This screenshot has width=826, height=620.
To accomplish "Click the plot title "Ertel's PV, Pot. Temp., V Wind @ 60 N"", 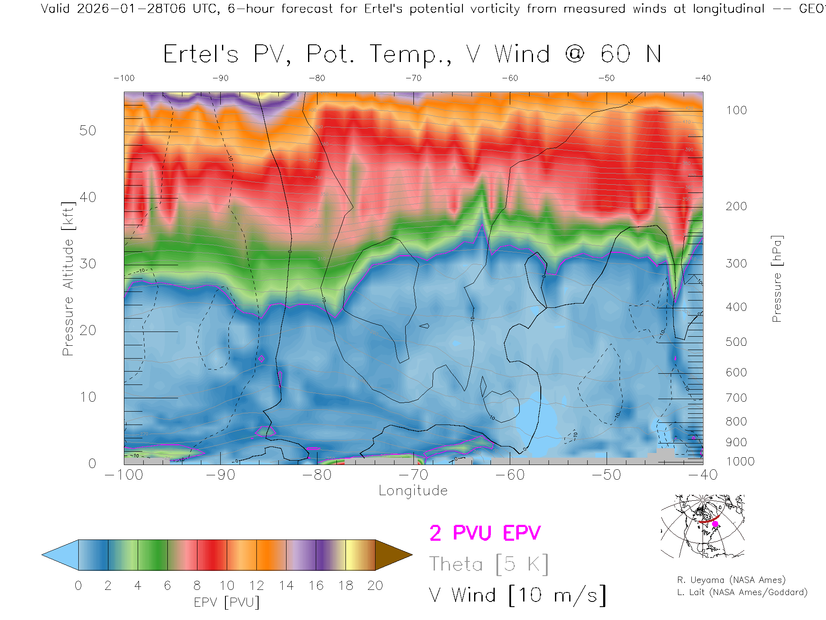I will [x=412, y=54].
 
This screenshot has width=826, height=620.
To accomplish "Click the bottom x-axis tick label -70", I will [x=413, y=475].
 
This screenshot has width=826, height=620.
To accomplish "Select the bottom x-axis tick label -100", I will [x=124, y=475].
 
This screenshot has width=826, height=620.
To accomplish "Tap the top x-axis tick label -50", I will [x=607, y=78].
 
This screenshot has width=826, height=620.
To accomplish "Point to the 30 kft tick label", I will [x=88, y=263].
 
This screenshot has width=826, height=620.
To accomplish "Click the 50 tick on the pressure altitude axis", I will [x=88, y=130].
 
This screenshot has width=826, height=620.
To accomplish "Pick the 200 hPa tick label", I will [x=736, y=206].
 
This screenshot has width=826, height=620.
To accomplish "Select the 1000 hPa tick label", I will [x=740, y=462].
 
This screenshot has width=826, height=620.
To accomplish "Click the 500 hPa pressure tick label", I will [x=736, y=342].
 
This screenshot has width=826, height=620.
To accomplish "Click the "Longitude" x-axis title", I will [x=413, y=491].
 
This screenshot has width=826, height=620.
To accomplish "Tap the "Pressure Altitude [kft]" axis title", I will [x=68, y=279].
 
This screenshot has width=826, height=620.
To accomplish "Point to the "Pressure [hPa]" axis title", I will [x=777, y=279].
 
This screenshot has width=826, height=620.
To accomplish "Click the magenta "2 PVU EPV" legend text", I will [x=485, y=533].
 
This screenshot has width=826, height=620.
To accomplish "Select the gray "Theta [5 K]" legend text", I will [x=489, y=564].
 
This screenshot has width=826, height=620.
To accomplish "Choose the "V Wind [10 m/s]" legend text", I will [x=517, y=595].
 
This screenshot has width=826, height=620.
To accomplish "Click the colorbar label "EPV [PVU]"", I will [x=227, y=602].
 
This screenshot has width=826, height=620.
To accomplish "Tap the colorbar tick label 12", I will [x=256, y=586].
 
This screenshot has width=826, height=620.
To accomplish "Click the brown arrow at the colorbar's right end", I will [x=392, y=555].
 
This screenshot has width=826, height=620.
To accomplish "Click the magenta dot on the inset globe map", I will [x=715, y=524].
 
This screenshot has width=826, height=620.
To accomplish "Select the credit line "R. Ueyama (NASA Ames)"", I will [x=731, y=580].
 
